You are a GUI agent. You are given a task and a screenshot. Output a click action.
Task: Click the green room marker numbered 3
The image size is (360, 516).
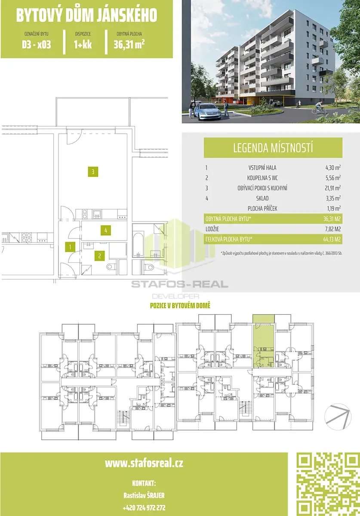[93, 172]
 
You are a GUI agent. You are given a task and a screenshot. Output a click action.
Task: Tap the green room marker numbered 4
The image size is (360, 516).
[105, 230]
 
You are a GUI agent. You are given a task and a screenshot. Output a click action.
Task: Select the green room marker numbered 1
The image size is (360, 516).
[70, 247]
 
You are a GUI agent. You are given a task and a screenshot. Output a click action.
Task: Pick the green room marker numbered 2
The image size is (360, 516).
[99, 256]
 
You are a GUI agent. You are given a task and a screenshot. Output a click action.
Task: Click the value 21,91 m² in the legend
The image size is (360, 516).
[333, 188]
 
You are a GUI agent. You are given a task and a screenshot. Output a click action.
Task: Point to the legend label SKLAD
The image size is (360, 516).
[262, 198]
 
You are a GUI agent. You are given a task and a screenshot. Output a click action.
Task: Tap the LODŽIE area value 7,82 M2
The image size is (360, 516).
[332, 229]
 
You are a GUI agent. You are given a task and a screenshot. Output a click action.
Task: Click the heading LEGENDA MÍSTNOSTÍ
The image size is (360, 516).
[273, 147]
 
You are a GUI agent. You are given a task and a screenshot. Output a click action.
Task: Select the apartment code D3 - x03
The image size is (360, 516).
[37, 44]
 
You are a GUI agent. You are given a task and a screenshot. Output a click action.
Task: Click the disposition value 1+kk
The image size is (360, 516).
[83, 44]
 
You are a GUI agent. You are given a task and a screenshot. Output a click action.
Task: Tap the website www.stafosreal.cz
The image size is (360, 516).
[144, 463]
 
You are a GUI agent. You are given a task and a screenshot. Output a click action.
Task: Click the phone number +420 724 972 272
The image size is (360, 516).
[144, 507]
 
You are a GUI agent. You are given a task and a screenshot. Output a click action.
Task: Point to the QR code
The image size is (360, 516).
[327, 484]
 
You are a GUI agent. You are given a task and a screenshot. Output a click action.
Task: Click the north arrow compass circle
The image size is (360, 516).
[338, 417]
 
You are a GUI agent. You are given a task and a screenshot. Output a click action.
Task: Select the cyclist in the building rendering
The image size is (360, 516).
[319, 107]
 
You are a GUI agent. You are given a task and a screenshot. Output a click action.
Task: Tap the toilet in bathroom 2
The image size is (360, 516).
[111, 267]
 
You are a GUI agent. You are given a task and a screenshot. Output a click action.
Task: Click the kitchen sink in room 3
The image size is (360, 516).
[97, 214]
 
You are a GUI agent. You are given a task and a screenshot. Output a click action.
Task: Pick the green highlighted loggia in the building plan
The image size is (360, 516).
[264, 319]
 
